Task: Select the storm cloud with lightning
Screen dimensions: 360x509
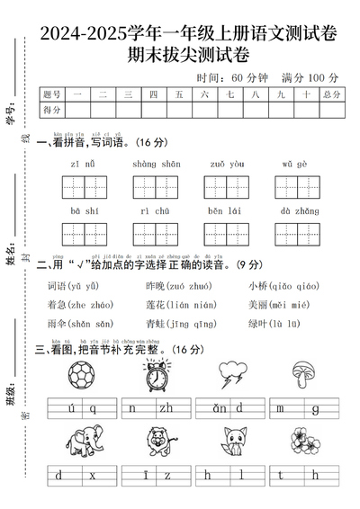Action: pyautogui.click(x=234, y=375)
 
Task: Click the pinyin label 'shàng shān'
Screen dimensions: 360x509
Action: pyautogui.click(x=156, y=164)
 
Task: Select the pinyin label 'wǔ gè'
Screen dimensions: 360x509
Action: pyautogui.click(x=294, y=164)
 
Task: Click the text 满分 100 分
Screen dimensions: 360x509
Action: pyautogui.click(x=310, y=77)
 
